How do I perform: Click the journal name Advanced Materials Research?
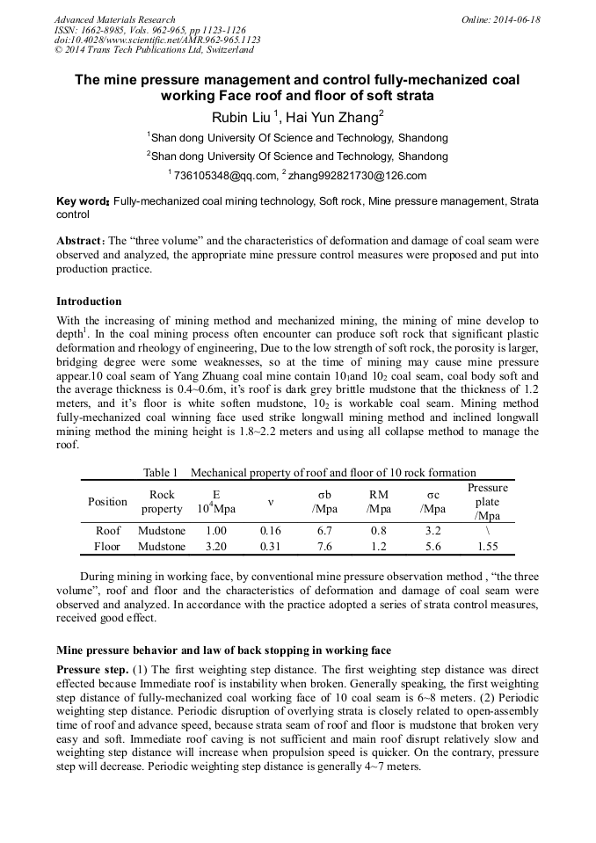click(114, 19)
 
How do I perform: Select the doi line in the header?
click(157, 40)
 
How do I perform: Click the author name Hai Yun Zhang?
click(338, 117)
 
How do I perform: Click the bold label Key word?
click(83, 201)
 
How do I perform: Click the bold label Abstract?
click(79, 241)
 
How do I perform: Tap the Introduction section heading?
click(89, 302)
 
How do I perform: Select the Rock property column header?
click(162, 502)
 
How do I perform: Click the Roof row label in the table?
click(108, 531)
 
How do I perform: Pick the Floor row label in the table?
click(108, 547)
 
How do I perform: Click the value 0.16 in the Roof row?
click(271, 531)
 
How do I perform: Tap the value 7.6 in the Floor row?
click(324, 547)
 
